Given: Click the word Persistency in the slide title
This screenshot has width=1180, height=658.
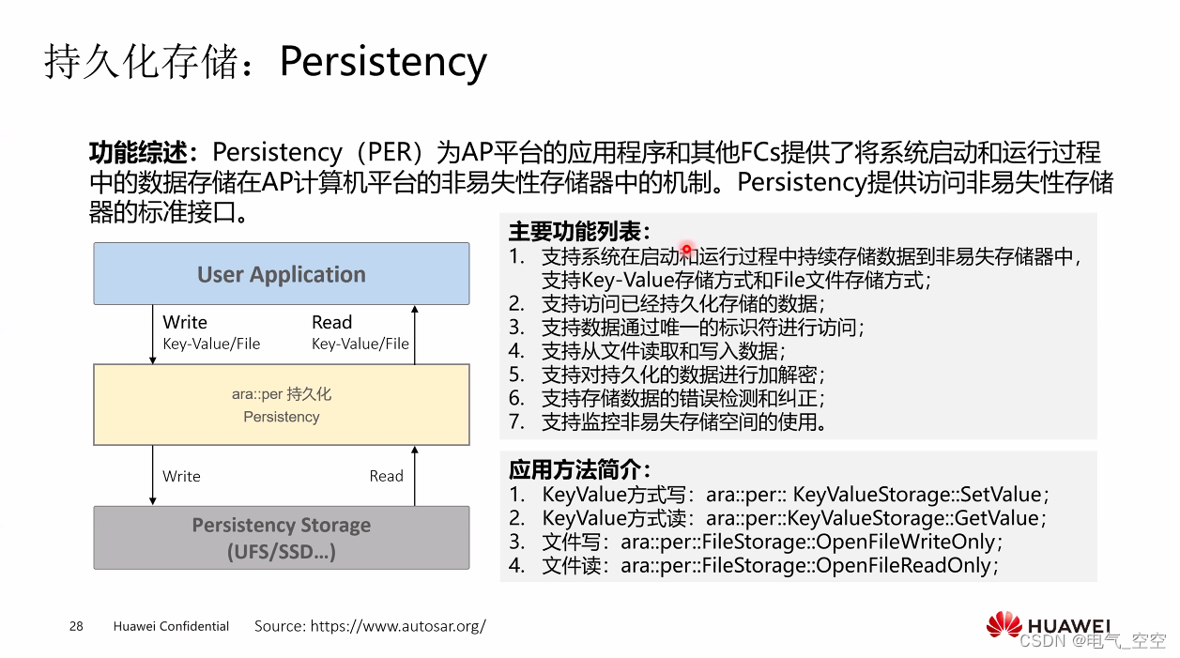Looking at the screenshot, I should (383, 62).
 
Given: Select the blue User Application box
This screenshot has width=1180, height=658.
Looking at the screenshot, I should (281, 274).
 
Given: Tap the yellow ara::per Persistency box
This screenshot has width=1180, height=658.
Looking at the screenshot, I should (281, 405).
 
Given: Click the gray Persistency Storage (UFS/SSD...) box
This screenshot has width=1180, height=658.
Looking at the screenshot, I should (281, 538).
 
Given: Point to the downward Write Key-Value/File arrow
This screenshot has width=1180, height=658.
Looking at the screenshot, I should (153, 334).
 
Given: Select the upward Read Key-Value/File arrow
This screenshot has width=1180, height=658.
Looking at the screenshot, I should (415, 334).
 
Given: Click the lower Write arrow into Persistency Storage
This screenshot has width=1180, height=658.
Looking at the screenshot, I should (153, 476).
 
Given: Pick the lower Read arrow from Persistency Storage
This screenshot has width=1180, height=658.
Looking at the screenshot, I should (415, 476).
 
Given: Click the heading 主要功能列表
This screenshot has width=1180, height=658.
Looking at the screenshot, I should (579, 232).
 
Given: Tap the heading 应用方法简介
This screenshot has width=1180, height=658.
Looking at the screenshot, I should (579, 469).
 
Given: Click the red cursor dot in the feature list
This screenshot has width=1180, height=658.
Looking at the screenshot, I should (686, 249).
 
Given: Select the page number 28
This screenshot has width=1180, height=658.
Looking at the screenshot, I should (76, 626).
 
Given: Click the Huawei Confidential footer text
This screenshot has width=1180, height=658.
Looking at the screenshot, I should (171, 626).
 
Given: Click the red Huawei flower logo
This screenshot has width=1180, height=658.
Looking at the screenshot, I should (1004, 625).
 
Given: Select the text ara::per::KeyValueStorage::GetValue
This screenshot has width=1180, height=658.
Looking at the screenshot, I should (872, 518).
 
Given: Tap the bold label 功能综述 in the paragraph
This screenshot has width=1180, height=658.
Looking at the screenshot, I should (143, 153).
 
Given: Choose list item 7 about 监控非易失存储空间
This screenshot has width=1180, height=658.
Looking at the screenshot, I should (682, 421).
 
